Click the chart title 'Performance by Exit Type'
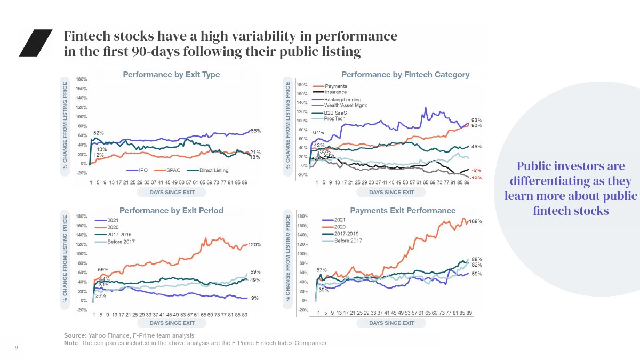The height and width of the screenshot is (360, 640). coord(171,75)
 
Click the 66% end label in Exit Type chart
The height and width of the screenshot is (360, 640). coord(255,131)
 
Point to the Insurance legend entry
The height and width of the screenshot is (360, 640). coord(335,92)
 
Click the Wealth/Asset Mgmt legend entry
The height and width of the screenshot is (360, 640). coord(345,106)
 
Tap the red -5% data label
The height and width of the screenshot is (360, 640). coord(476,170)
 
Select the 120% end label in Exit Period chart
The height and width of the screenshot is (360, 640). coord(255,245)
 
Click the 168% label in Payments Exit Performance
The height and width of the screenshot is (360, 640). coord(476,221)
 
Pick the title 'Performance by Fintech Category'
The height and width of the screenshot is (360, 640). coord(405,75)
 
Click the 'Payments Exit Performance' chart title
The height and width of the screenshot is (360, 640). coord(403,211)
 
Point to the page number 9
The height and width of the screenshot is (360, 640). coord(16,348)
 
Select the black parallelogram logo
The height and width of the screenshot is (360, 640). coord(36,43)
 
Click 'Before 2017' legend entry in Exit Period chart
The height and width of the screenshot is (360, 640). coord(121,242)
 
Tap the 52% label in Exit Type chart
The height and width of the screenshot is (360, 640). coord(99,133)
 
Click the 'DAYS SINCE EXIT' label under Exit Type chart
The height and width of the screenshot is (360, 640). coord(172,192)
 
